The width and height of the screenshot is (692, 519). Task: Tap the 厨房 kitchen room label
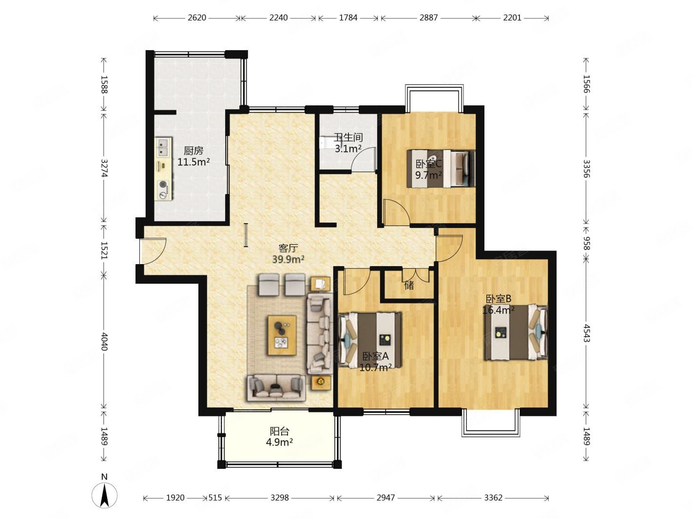click(x=193, y=151)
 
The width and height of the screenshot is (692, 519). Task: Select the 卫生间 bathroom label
click(x=348, y=137)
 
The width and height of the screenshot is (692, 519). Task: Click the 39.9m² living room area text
click(x=288, y=259)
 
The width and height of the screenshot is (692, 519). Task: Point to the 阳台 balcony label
click(x=279, y=431)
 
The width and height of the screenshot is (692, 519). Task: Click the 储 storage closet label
click(x=409, y=285)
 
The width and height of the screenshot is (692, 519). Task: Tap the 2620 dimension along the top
click(x=197, y=18)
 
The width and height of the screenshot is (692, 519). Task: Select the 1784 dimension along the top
click(x=348, y=18)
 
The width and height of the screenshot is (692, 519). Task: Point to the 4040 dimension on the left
click(x=104, y=342)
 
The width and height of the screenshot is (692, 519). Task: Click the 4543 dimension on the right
click(x=586, y=333)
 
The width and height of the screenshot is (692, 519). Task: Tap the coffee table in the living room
click(x=282, y=335)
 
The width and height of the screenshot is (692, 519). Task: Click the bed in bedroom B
click(x=516, y=332)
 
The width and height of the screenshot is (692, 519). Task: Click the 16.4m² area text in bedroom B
click(x=499, y=310)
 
